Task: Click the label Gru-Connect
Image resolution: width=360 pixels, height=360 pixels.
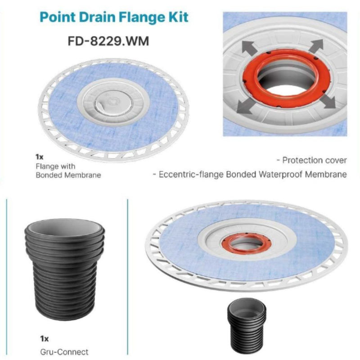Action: tap(56, 352)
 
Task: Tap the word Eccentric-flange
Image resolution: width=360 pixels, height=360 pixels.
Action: tap(189, 174)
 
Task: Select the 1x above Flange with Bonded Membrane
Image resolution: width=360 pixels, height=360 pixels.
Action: tap(39, 158)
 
